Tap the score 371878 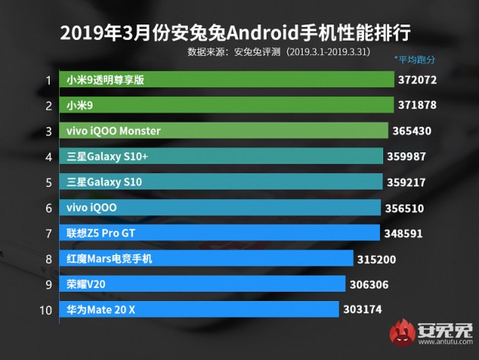[x=418, y=105]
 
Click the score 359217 [x=407, y=182]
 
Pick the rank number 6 [x=48, y=208]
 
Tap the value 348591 [x=402, y=233]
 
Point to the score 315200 [x=376, y=259]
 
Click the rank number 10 [x=45, y=309]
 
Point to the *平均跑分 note [x=415, y=59]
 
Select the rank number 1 [x=48, y=80]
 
